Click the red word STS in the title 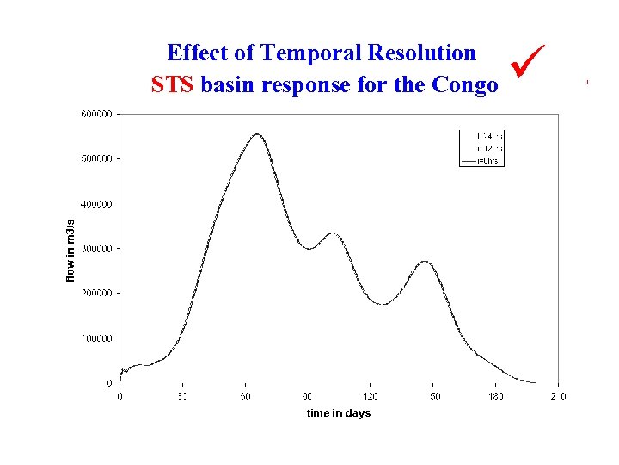(x=173, y=85)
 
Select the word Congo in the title (x=464, y=85)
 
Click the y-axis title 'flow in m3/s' (x=71, y=248)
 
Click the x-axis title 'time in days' (x=339, y=413)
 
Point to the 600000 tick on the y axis (x=97, y=114)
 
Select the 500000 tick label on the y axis (x=97, y=158)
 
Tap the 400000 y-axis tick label (x=97, y=204)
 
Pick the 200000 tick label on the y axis (x=97, y=294)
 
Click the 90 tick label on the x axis (x=307, y=396)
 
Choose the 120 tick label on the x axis (x=370, y=396)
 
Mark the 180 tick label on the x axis (x=495, y=396)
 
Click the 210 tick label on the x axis (x=558, y=396)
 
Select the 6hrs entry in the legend (x=491, y=161)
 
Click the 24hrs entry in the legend (x=491, y=135)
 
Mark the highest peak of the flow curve (x=257, y=134)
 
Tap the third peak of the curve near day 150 (x=426, y=262)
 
